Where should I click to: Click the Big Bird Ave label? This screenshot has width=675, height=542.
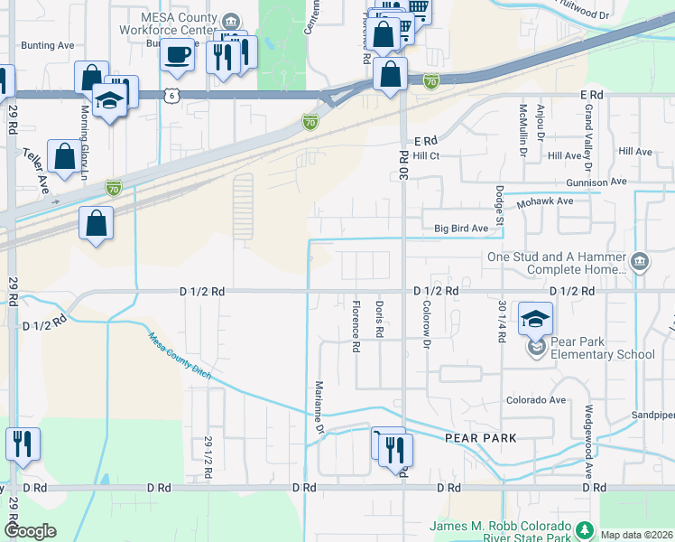click(460, 229)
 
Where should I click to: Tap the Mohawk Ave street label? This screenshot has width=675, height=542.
click(544, 202)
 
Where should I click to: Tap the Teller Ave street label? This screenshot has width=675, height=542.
click(36, 171)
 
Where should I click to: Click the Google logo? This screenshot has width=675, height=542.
click(30, 531)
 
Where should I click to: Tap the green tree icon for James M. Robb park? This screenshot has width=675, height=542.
click(584, 528)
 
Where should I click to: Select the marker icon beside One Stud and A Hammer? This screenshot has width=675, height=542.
click(639, 262)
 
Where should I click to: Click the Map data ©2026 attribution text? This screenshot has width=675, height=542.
click(635, 535)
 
